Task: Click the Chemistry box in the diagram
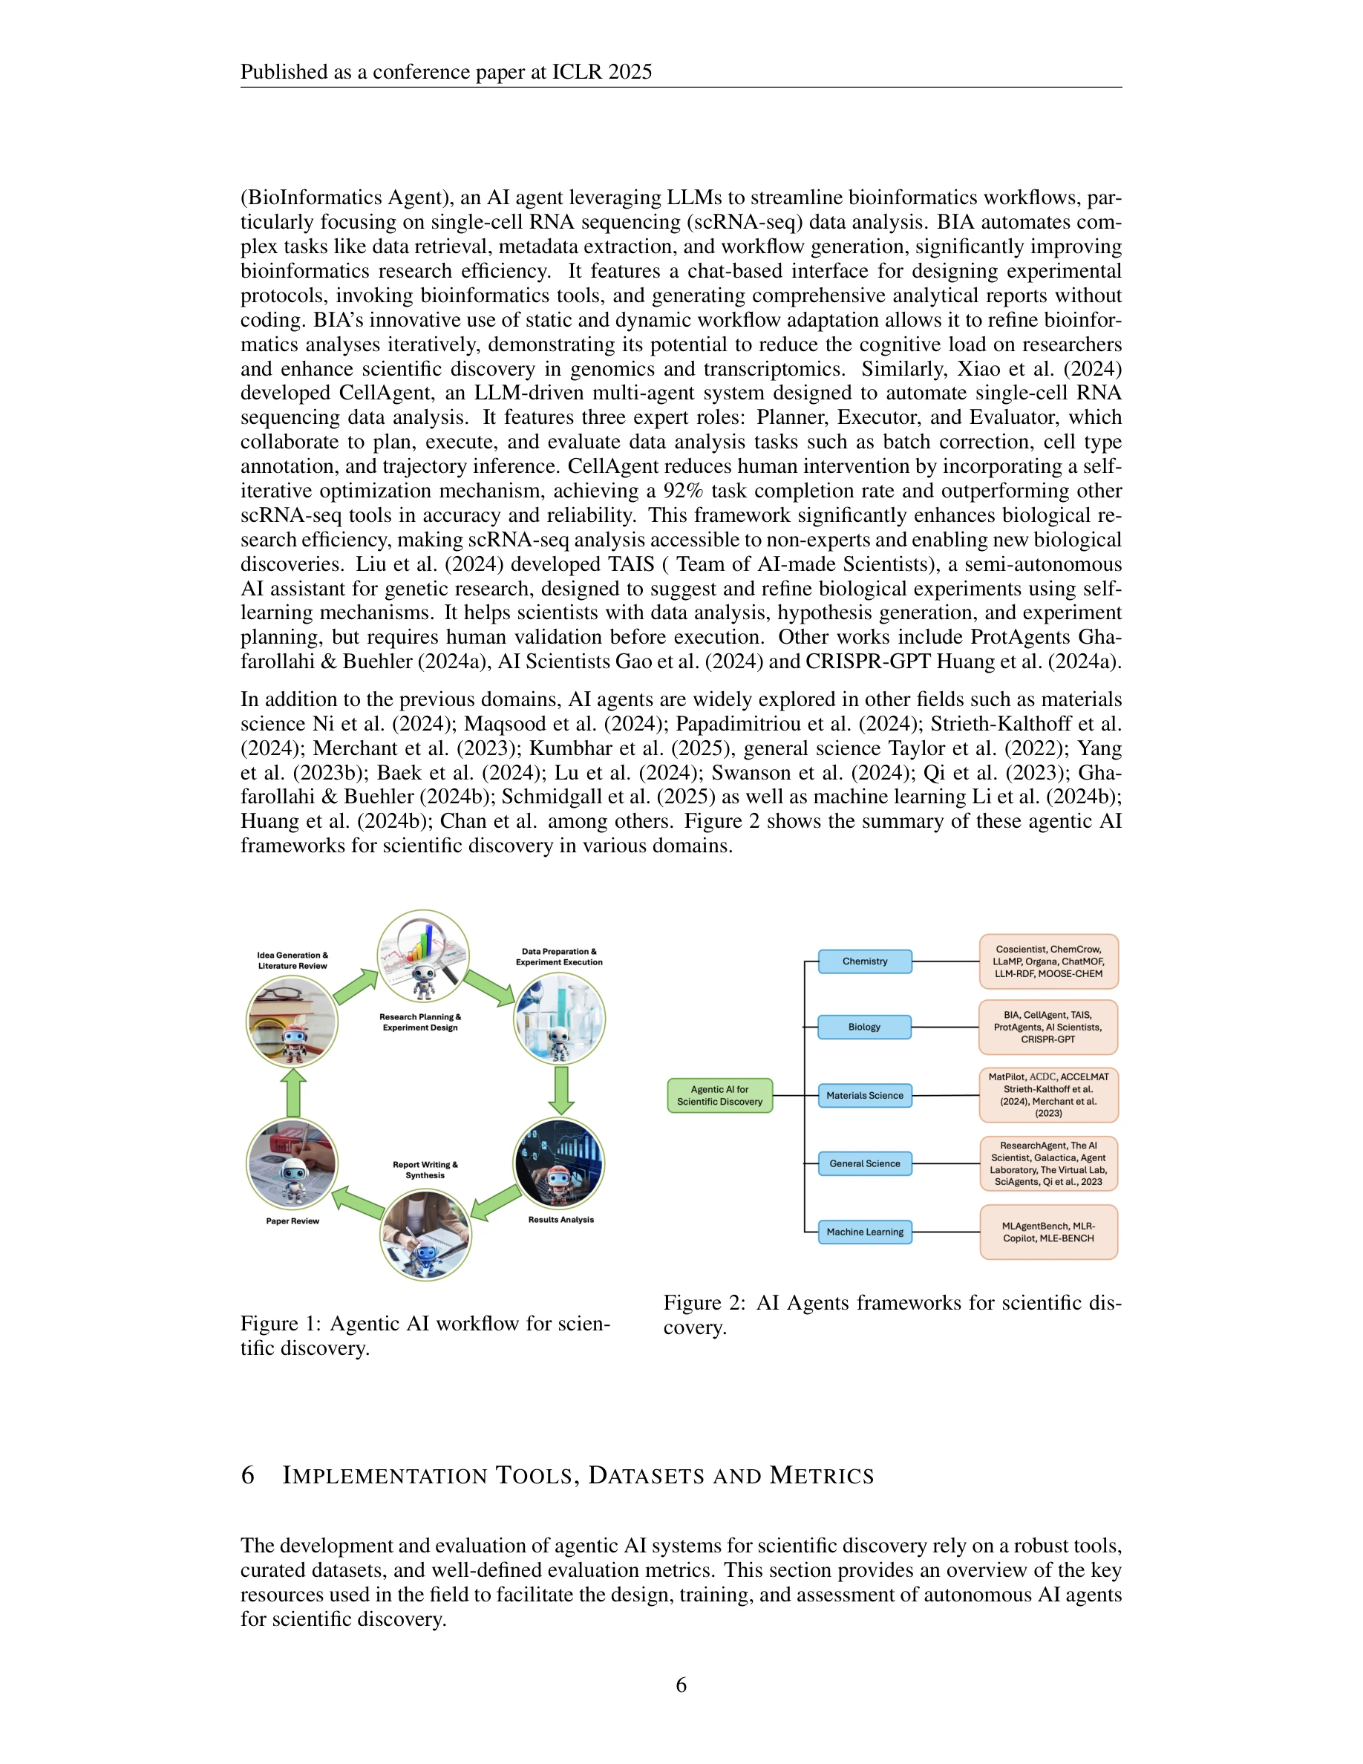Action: pos(865,961)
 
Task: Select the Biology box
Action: pos(864,1027)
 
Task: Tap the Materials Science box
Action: pos(865,1095)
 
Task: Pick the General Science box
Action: pos(865,1163)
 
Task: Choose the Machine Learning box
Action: pos(865,1232)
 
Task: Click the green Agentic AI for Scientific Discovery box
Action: pos(719,1095)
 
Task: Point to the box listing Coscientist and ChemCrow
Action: pos(1048,961)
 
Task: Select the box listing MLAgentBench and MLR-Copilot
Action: pos(1048,1232)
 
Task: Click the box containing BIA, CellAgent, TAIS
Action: pos(1048,1027)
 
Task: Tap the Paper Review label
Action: pos(292,1221)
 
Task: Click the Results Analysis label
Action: pos(560,1219)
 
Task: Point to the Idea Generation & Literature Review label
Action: pos(292,961)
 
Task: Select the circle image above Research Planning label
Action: pos(423,956)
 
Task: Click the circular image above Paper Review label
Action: pos(292,1164)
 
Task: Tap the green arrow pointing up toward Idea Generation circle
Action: pos(293,1093)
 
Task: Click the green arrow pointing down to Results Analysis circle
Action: pos(560,1090)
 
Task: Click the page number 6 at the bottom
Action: pos(681,1684)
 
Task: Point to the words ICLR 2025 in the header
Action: pos(601,72)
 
